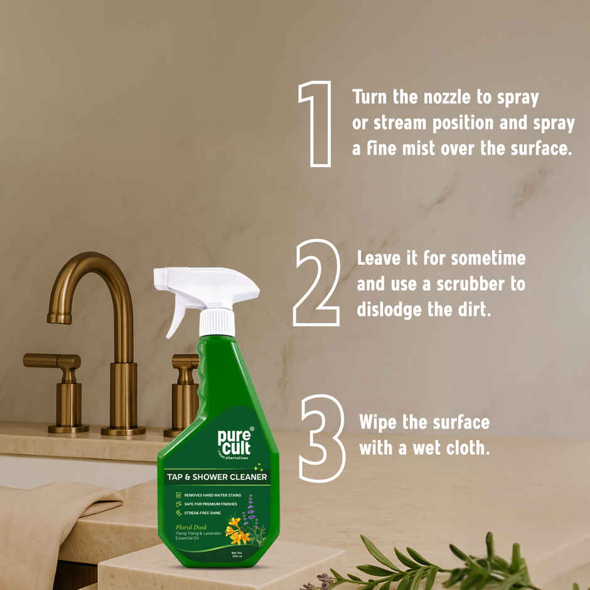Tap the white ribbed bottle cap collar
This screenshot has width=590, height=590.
(x=217, y=322)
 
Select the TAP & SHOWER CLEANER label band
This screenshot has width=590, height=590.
(x=217, y=477)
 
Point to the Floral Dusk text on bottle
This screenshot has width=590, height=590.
(x=192, y=527)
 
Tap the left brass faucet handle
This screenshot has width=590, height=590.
(x=54, y=363)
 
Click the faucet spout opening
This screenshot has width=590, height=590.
(x=60, y=318)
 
